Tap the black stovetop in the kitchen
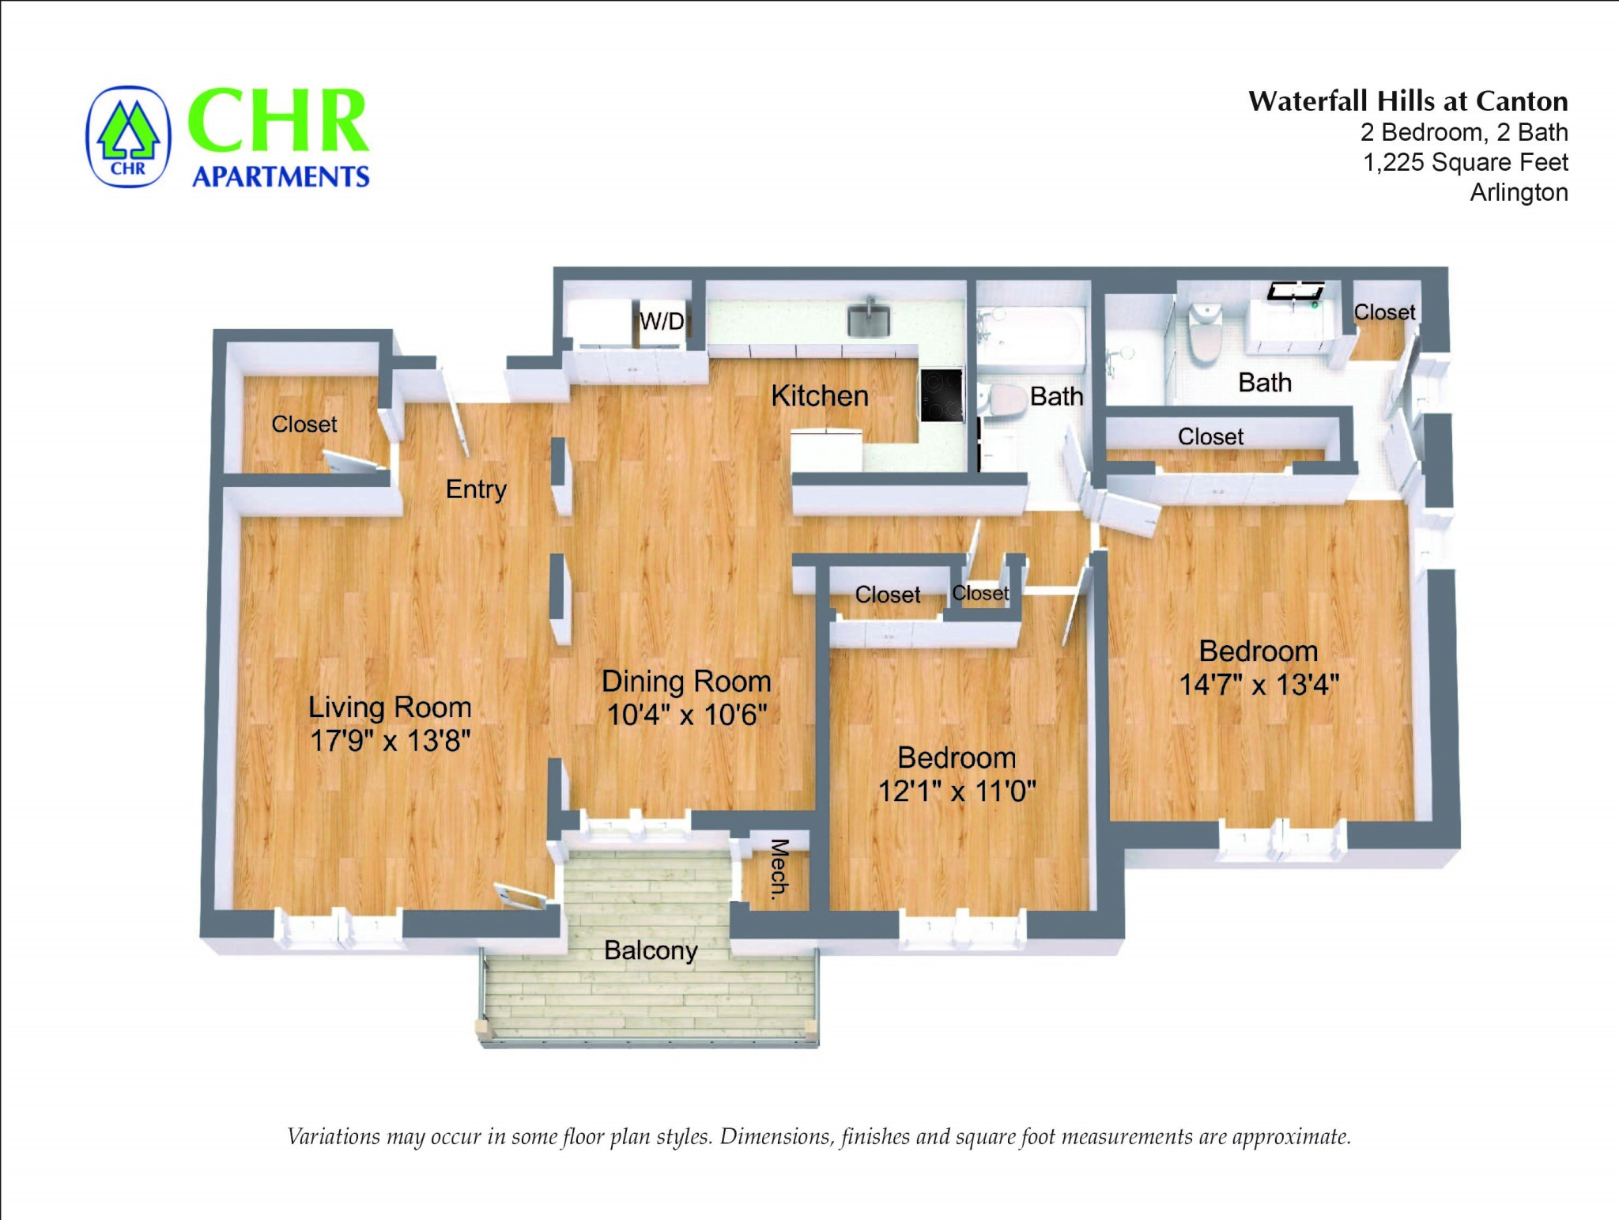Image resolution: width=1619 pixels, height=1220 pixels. coord(942,395)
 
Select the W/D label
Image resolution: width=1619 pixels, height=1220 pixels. coord(662,321)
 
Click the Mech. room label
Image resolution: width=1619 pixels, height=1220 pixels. coord(779,867)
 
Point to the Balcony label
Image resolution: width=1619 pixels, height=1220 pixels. coord(651,950)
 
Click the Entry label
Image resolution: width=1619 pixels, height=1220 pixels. coord(476,489)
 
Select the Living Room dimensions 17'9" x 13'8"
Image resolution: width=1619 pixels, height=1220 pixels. coord(390,741)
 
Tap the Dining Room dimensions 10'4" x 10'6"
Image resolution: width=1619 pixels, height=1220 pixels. coord(686,715)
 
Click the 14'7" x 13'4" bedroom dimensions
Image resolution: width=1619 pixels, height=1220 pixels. coord(1259,685)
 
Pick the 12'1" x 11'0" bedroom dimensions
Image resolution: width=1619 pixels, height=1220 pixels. coord(957,791)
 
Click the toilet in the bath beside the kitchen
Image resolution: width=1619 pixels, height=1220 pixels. coord(997,400)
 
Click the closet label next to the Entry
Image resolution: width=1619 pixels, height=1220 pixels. coord(304,425)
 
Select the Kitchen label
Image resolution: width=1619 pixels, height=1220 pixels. coord(820,395)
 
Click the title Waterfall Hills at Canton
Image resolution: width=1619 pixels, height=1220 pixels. coord(1408,101)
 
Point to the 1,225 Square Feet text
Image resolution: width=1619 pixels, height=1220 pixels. coord(1465,162)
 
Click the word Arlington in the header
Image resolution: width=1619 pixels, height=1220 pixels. coord(1519,192)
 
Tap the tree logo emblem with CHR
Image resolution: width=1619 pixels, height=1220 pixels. coord(128,137)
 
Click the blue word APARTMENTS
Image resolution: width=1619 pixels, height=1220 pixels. coord(281,176)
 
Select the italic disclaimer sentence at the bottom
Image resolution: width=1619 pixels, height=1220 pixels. coord(818,1137)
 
